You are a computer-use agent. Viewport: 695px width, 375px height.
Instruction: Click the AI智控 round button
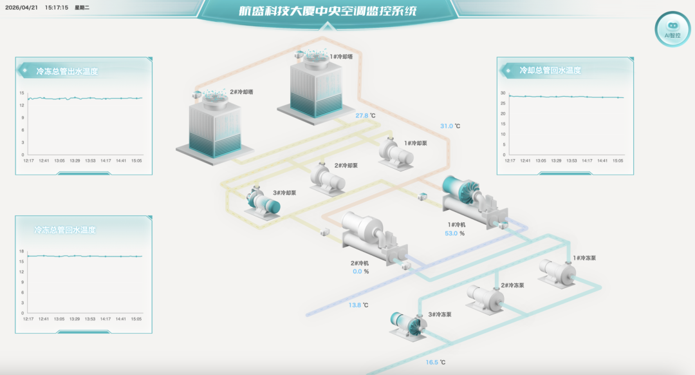(672, 29)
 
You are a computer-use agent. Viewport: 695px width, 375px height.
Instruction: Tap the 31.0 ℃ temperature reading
(450, 126)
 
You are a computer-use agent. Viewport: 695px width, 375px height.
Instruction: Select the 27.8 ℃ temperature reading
(366, 115)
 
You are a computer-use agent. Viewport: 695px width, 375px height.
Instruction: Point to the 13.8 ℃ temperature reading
(358, 305)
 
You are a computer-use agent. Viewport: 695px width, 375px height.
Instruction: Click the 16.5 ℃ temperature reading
(435, 362)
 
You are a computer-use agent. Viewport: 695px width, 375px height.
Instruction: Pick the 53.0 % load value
(455, 233)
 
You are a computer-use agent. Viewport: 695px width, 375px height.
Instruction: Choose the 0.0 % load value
(361, 272)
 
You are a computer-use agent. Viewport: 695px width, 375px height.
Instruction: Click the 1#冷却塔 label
(341, 57)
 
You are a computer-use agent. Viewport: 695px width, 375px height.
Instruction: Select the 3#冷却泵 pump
(263, 203)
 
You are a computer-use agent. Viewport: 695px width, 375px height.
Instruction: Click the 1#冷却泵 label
(415, 143)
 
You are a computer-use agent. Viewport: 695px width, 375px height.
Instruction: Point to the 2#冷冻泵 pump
(485, 299)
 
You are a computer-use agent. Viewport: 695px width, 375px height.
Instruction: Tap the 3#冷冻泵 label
(440, 314)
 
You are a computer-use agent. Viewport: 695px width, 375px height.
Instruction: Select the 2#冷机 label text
(360, 263)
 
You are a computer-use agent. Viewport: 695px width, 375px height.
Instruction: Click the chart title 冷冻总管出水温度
(67, 71)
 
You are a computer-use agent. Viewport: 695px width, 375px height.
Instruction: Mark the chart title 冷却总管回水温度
(550, 70)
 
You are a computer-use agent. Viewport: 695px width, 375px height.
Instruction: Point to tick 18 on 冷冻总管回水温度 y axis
(21, 251)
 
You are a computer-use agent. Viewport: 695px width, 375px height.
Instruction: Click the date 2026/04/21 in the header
(21, 8)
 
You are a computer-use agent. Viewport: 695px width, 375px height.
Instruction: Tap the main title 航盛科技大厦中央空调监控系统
(328, 11)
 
